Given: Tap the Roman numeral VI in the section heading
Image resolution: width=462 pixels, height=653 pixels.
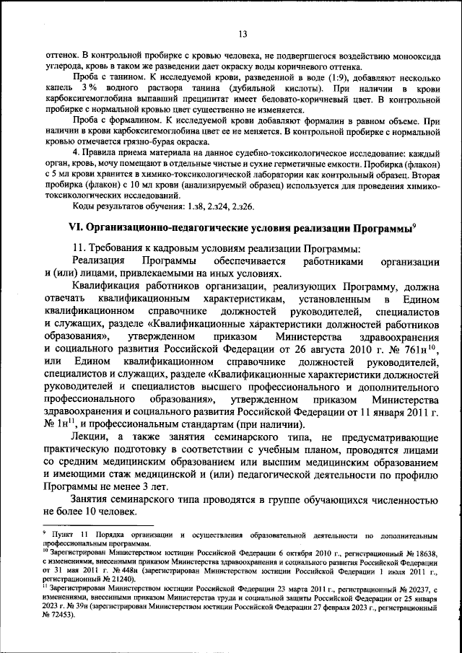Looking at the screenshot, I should point(75,226).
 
